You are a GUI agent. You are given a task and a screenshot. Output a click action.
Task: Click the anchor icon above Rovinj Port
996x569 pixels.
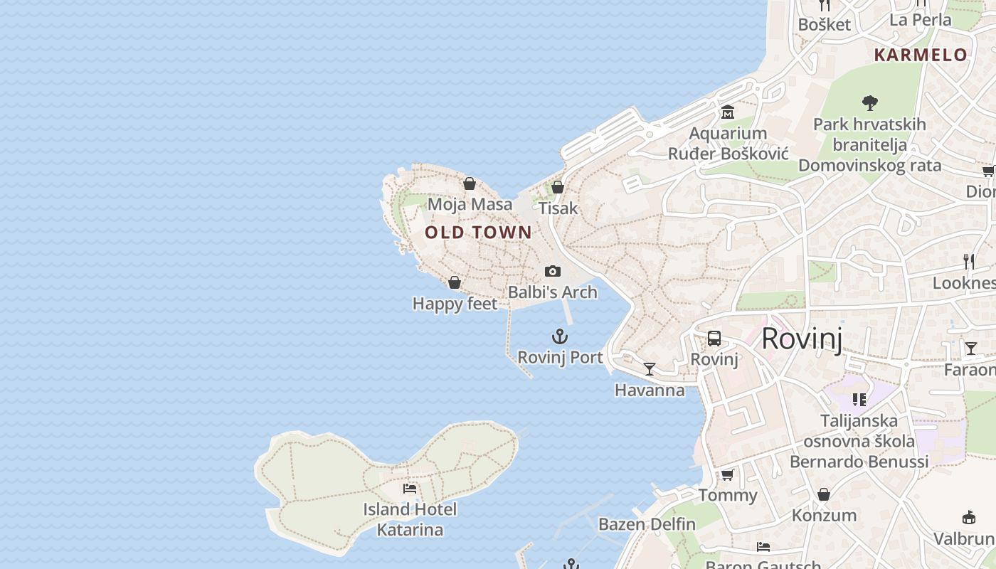click(x=560, y=336)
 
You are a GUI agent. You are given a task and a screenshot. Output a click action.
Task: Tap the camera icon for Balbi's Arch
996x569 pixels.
click(x=553, y=271)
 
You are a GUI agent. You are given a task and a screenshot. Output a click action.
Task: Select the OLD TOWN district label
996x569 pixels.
click(x=478, y=232)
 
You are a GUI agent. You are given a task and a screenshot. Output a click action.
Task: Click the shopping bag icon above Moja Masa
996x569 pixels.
click(x=470, y=184)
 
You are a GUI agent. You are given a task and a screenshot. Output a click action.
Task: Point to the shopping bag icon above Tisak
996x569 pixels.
click(x=558, y=187)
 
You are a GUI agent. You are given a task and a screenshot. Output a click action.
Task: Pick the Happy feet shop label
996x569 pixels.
click(x=455, y=304)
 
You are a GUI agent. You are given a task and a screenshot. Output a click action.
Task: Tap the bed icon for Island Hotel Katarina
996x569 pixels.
click(x=410, y=488)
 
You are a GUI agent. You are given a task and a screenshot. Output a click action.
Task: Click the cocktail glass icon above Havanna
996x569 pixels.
click(x=650, y=368)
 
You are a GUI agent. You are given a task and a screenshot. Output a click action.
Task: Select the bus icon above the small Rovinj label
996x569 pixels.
click(x=714, y=339)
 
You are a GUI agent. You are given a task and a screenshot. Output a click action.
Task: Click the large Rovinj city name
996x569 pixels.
click(x=802, y=339)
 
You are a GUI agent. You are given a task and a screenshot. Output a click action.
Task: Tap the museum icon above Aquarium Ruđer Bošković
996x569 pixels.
click(x=728, y=112)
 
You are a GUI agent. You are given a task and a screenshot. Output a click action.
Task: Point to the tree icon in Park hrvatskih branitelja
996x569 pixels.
click(x=869, y=103)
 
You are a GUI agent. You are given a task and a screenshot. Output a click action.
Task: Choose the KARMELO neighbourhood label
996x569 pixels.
click(x=921, y=55)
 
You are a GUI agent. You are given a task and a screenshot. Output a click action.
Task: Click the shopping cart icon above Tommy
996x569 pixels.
click(x=727, y=474)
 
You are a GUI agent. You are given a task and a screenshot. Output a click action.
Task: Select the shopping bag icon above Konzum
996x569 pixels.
click(x=823, y=494)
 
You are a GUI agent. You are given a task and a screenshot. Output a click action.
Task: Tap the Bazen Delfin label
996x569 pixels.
click(x=647, y=524)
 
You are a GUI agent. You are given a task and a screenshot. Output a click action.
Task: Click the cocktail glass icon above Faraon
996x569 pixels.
click(x=971, y=349)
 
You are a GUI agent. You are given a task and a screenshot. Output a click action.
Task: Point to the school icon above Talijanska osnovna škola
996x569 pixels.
click(x=859, y=400)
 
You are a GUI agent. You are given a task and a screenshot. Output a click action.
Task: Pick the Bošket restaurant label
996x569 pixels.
click(x=824, y=24)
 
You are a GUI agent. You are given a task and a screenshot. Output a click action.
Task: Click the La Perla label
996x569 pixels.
click(x=921, y=19)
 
